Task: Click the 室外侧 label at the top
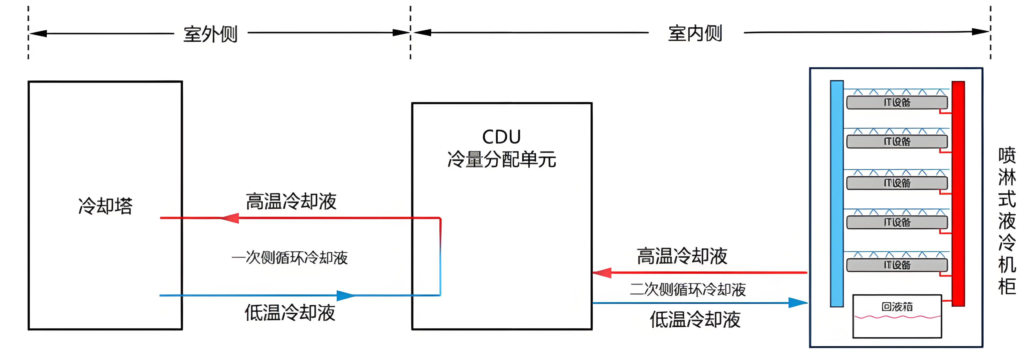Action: pyautogui.click(x=210, y=34)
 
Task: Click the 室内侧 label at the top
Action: pyautogui.click(x=695, y=33)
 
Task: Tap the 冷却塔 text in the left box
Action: pyautogui.click(x=105, y=206)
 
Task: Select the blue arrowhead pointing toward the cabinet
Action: pyautogui.click(x=798, y=303)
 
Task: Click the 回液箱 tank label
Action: pyautogui.click(x=897, y=307)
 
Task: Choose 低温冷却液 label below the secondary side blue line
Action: pyautogui.click(x=695, y=320)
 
